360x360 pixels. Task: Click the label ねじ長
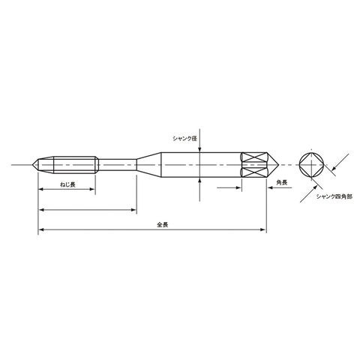pos(67,184)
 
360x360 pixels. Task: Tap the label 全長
pos(162,225)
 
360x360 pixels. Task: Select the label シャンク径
pos(185,139)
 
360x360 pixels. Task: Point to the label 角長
pos(282,183)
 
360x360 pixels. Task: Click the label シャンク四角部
pos(334,196)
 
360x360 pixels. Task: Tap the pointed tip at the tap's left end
pos(32,165)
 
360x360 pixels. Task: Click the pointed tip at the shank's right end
pos(278,165)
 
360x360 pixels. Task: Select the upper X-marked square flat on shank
pos(254,157)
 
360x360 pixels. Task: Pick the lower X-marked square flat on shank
pos(254,172)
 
